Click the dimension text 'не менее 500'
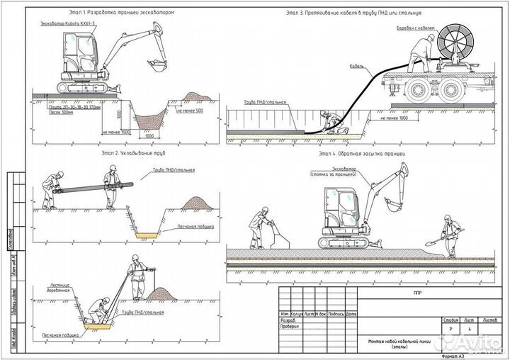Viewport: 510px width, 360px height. [x=189, y=111]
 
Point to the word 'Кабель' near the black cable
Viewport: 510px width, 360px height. [x=357, y=66]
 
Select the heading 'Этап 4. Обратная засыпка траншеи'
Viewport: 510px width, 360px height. [x=361, y=153]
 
